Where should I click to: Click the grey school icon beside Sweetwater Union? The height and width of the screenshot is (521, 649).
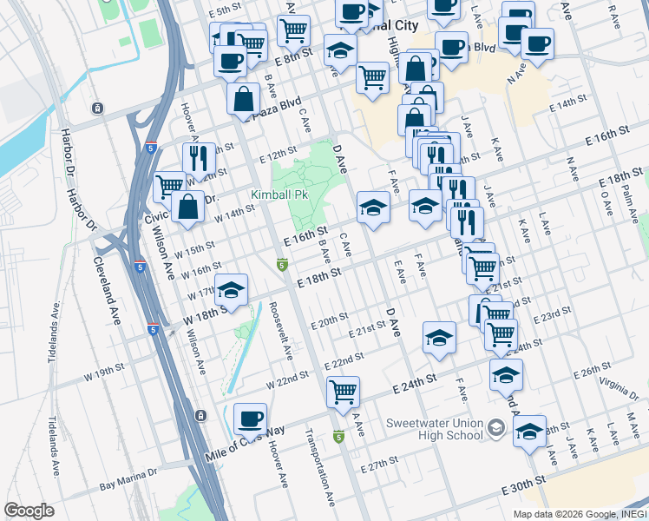coord(495,427)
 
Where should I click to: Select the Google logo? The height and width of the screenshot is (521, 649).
coord(29,511)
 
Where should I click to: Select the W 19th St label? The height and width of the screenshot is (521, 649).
coord(105,374)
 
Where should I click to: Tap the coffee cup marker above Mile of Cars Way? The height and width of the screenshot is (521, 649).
coord(250,419)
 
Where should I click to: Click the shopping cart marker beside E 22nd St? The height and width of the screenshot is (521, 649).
coord(343,392)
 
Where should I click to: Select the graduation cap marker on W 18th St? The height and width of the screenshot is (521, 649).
coord(232,290)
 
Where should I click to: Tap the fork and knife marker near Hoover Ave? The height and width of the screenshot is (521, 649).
coord(199,159)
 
